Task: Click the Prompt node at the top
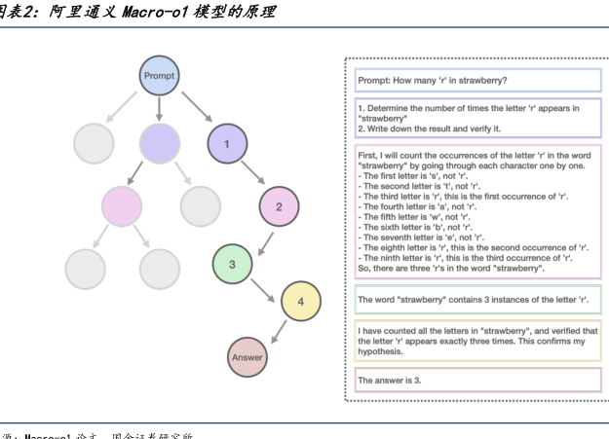(159, 76)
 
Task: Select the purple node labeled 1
(227, 144)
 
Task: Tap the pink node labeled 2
(279, 206)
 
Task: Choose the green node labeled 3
(232, 264)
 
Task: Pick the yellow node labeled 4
(301, 302)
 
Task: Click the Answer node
(247, 357)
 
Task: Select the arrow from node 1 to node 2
(253, 175)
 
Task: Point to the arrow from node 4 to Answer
(277, 328)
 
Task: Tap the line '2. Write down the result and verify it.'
(429, 128)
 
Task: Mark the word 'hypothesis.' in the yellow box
(381, 351)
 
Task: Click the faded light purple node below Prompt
(159, 144)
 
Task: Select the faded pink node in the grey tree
(122, 206)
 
